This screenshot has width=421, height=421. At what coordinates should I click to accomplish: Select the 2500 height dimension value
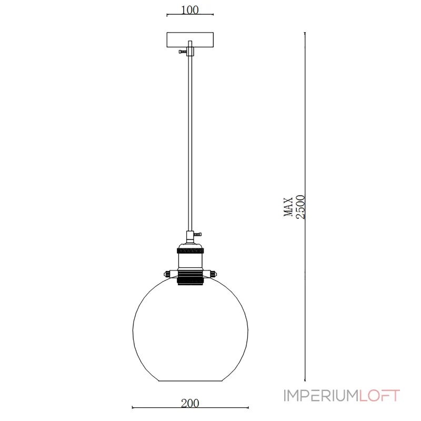click(300, 206)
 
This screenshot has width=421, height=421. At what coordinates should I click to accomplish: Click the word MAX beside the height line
click(288, 206)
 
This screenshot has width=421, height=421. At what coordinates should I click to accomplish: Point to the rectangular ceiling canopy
click(189, 40)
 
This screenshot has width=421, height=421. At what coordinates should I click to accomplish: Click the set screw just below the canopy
click(183, 51)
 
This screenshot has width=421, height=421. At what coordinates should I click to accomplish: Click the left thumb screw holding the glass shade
click(167, 273)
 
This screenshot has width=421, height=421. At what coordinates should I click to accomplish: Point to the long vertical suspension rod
click(189, 142)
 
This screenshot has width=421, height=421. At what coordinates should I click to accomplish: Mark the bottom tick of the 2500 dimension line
click(306, 380)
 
